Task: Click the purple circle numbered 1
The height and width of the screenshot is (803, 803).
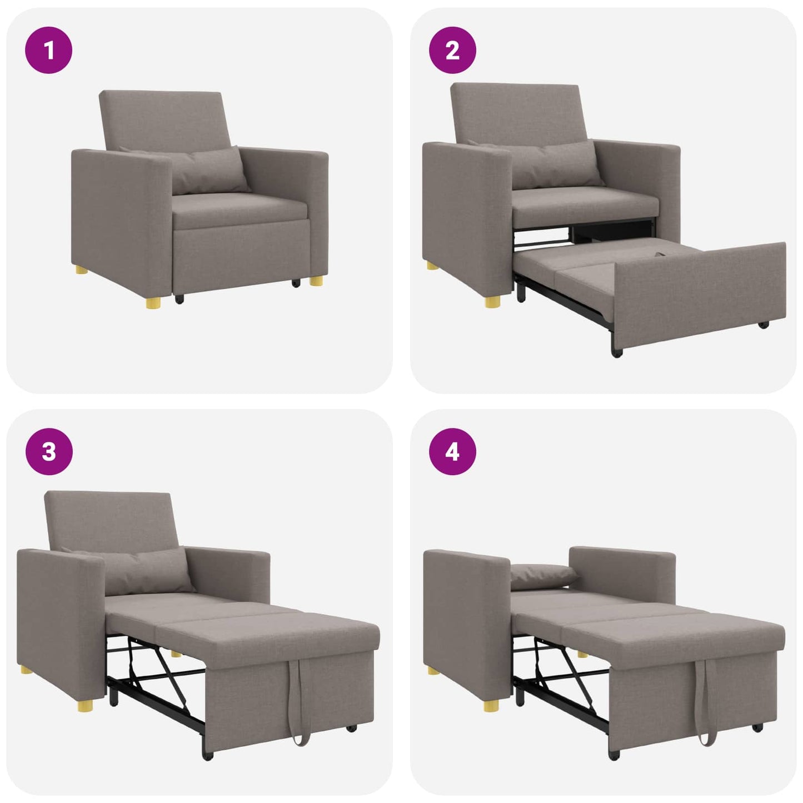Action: coord(49,51)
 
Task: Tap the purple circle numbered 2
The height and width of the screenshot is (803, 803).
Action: coord(452,51)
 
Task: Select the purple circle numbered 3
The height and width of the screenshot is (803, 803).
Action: coord(49,451)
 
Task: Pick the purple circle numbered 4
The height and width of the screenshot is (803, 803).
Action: coord(452,451)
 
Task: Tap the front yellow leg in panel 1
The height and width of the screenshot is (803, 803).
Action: coord(153,301)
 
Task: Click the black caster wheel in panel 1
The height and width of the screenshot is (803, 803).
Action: coord(179,299)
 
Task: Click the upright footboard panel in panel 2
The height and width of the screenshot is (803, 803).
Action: coord(700,289)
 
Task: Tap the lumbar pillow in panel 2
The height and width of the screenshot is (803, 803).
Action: coord(556,164)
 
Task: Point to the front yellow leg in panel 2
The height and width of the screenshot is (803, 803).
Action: coord(492,301)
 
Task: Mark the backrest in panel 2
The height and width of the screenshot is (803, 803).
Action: coord(517,111)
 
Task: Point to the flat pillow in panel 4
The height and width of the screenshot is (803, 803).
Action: coord(542,575)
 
